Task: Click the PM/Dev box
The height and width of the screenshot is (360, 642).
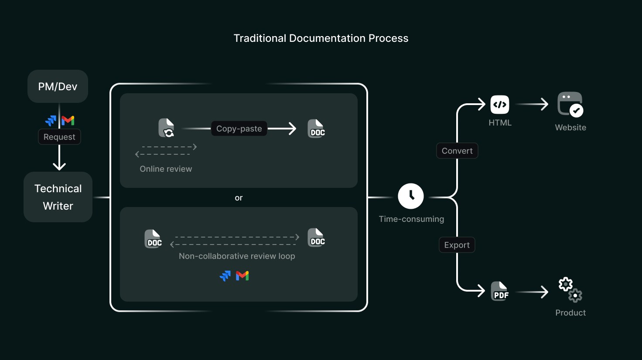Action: click(58, 86)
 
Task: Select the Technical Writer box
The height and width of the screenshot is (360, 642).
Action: click(58, 197)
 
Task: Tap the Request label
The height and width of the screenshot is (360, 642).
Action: click(59, 137)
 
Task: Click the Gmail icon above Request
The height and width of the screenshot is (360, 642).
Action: click(68, 121)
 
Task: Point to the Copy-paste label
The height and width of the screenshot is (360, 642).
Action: click(239, 129)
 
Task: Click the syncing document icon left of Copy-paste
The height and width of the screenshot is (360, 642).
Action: click(167, 128)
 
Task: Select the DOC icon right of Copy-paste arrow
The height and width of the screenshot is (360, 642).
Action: click(316, 129)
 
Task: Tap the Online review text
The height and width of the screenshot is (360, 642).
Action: click(166, 169)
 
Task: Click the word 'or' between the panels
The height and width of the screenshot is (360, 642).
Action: click(239, 198)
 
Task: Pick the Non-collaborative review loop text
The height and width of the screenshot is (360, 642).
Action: click(237, 256)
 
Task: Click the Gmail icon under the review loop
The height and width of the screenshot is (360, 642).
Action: click(242, 276)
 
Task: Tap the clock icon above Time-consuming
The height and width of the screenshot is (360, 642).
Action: click(411, 196)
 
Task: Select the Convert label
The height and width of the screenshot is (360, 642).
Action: click(457, 151)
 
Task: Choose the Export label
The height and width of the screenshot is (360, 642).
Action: click(457, 245)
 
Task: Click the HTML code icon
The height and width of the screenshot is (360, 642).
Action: click(500, 105)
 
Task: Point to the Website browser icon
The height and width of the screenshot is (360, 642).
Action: click(570, 104)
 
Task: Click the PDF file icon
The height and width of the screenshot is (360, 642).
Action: click(500, 291)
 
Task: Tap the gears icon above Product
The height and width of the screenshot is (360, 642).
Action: click(570, 289)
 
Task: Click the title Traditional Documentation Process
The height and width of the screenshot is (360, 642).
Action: click(321, 38)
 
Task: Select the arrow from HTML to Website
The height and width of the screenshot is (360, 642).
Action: click(532, 104)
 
